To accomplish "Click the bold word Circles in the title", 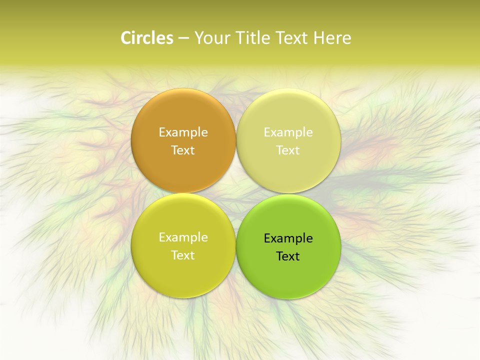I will click(146, 38).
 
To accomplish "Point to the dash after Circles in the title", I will click(183, 38).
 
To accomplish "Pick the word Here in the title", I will click(332, 38).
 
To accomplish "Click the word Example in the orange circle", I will click(183, 132).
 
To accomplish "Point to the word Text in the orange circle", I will click(183, 150).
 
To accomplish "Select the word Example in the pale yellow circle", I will click(288, 132).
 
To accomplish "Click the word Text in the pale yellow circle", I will click(288, 150).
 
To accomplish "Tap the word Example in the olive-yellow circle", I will click(183, 237).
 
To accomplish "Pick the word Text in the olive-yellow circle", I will click(183, 255).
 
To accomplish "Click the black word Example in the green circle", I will click(288, 238).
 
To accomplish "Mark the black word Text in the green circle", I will click(288, 256).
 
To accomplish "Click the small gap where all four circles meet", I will click(236, 193).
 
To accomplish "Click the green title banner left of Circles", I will click(60, 38).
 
